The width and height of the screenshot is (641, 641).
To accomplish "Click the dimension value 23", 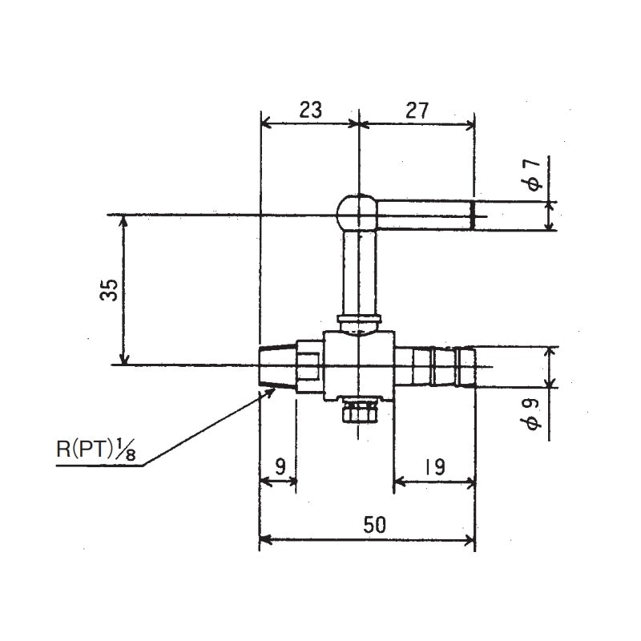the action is click(311, 110).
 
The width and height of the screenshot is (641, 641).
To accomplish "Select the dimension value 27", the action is click(417, 110).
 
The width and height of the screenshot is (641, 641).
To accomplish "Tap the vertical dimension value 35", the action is click(109, 290).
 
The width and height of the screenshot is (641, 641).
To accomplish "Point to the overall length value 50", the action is click(374, 525).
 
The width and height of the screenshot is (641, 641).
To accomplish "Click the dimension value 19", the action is click(434, 467).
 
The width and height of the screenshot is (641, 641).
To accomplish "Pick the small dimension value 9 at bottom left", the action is click(280, 466).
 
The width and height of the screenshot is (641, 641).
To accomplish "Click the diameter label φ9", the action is click(533, 413).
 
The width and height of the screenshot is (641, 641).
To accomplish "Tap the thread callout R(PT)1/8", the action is click(96, 450).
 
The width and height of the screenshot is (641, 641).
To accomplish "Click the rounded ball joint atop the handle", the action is click(355, 212).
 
